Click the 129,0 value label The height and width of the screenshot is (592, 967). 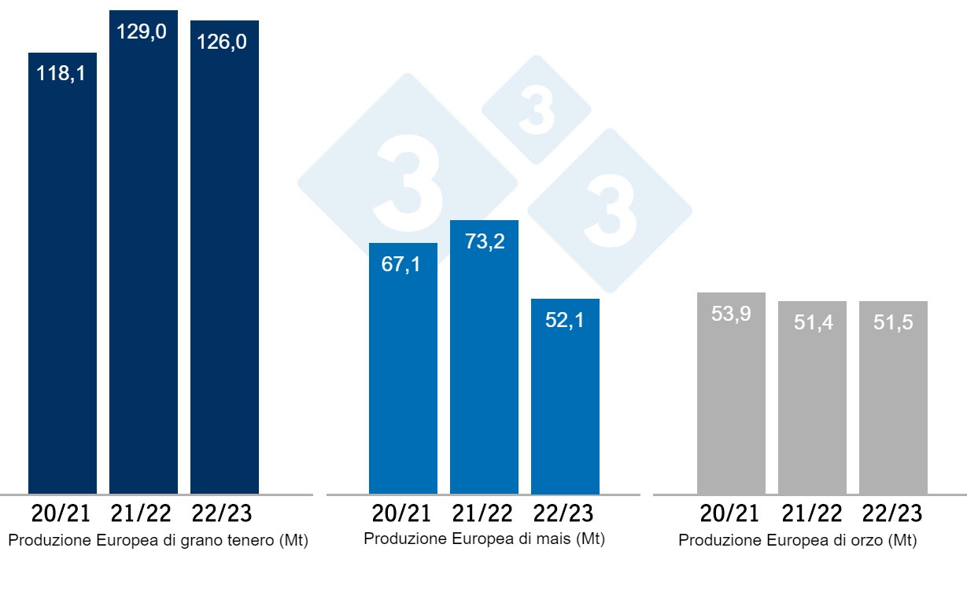142,32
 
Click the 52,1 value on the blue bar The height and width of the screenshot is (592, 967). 564,321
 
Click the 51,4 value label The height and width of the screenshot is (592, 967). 812,323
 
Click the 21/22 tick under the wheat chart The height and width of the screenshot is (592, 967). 142,514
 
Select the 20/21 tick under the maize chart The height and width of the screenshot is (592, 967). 402,514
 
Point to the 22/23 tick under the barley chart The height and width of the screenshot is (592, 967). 893,514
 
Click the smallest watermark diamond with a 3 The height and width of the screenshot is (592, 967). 536,110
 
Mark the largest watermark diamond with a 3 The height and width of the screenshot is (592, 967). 407,186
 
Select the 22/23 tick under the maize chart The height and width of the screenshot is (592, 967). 565,514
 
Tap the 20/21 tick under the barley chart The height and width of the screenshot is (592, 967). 730,514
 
